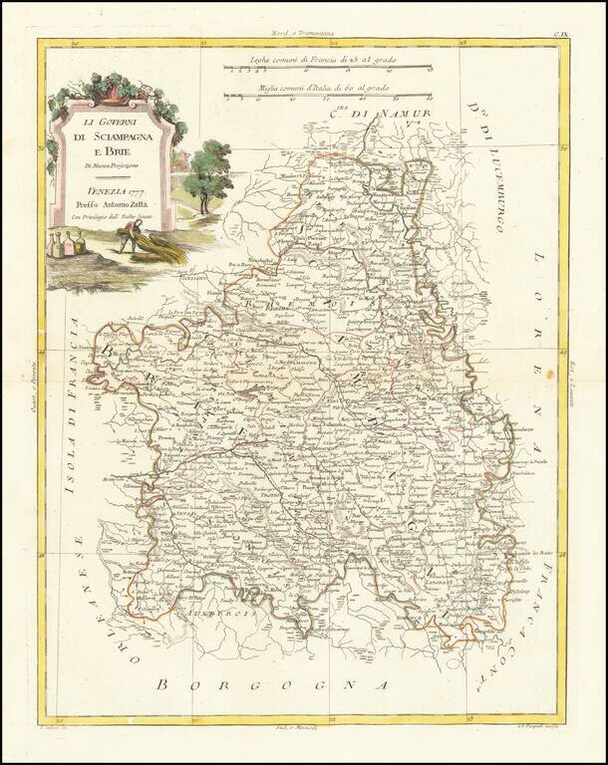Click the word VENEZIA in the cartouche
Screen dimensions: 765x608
tap(106, 189)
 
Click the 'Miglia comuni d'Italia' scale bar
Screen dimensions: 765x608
tap(328, 96)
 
